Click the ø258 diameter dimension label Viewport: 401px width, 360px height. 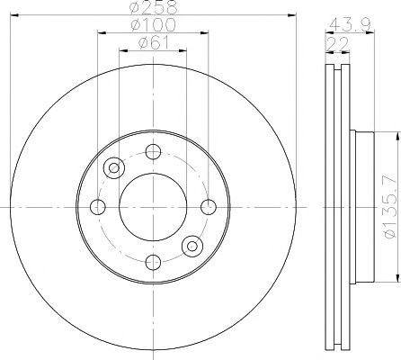tap(154, 7)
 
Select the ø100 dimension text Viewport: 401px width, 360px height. tap(153, 25)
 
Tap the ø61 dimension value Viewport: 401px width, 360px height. tap(153, 43)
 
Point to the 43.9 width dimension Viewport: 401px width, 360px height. tap(350, 25)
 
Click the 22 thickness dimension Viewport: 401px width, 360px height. tap(338, 44)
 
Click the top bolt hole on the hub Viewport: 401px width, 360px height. tap(153, 151)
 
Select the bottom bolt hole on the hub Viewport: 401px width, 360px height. tap(153, 262)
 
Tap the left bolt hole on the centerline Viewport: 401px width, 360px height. tap(98, 207)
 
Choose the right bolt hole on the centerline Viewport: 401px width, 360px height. tap(209, 207)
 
